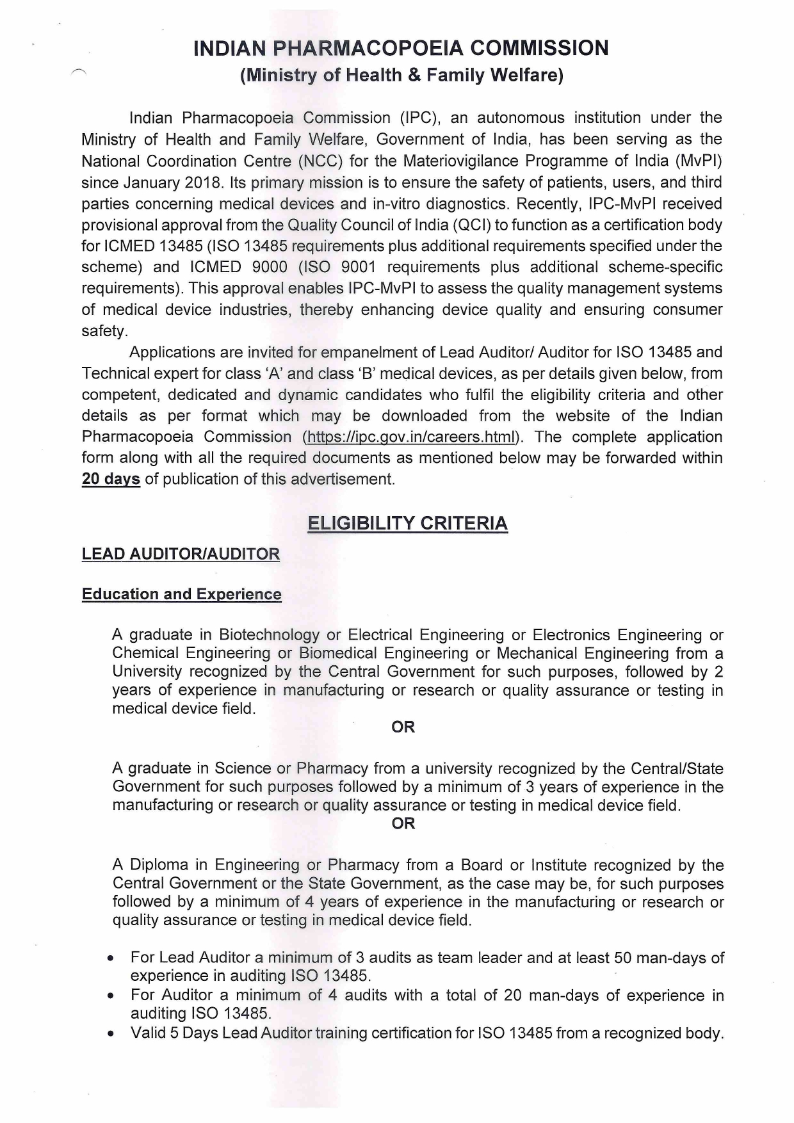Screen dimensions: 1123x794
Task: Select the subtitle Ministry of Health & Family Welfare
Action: coord(401,76)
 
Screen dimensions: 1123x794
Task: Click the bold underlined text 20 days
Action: coord(111,479)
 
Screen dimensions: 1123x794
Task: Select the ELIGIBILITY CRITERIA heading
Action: coord(407,523)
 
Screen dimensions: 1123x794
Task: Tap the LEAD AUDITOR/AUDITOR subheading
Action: coord(181,554)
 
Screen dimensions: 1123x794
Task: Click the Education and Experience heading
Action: coord(181,594)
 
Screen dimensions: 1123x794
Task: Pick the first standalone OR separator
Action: coord(403,727)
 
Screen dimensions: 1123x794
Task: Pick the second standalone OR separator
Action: coord(403,823)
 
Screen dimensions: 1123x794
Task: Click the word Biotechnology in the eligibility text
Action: coord(269,634)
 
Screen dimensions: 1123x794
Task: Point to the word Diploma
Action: coord(159,865)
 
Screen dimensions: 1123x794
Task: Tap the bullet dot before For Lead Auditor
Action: coord(111,959)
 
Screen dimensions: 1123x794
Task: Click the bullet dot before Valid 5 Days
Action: coord(111,1034)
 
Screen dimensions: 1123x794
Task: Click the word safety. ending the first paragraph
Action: coord(104,331)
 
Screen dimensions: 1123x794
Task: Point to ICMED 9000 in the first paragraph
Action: coord(238,267)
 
